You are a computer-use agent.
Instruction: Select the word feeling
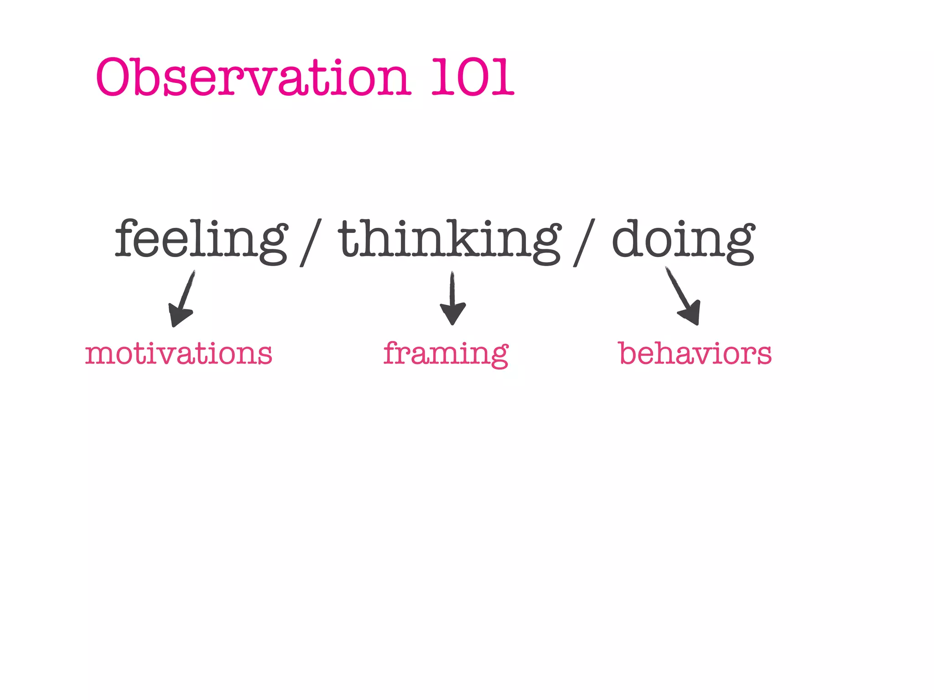pyautogui.click(x=201, y=239)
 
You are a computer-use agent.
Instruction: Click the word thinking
pyautogui.click(x=449, y=239)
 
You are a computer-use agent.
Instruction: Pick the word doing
pyautogui.click(x=683, y=239)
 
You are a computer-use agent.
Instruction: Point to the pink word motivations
pyautogui.click(x=178, y=354)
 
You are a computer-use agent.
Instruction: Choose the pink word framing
pyautogui.click(x=446, y=354)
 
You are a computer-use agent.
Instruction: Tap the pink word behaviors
pyautogui.click(x=695, y=354)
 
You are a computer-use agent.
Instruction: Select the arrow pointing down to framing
pyautogui.click(x=452, y=299)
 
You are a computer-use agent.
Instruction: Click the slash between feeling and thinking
pyautogui.click(x=311, y=242)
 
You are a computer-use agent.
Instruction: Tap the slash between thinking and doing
pyautogui.click(x=584, y=242)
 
